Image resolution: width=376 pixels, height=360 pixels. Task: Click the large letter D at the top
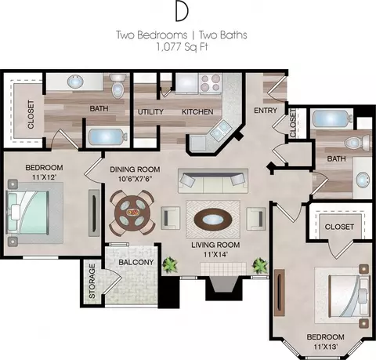click(182, 12)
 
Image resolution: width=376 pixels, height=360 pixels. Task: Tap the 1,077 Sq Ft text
click(182, 47)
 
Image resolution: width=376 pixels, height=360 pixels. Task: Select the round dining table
click(132, 212)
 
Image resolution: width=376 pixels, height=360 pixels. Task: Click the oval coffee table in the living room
click(213, 220)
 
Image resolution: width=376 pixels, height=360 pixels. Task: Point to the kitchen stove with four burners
click(210, 82)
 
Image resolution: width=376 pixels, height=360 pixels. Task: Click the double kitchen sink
click(219, 130)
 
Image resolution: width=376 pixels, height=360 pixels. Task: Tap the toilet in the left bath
click(118, 85)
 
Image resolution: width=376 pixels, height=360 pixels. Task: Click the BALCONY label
click(136, 262)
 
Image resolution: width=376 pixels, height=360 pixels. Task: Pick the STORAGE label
click(92, 281)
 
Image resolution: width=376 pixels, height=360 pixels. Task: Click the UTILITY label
click(150, 112)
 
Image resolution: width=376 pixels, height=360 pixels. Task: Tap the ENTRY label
click(266, 111)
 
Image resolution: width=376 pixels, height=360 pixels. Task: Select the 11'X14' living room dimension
click(215, 254)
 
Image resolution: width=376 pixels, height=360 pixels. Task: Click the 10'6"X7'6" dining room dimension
click(135, 179)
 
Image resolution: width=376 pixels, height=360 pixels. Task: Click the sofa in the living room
click(213, 181)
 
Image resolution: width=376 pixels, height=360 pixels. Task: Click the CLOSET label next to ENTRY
click(293, 124)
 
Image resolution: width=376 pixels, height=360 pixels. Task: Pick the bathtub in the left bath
click(107, 137)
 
